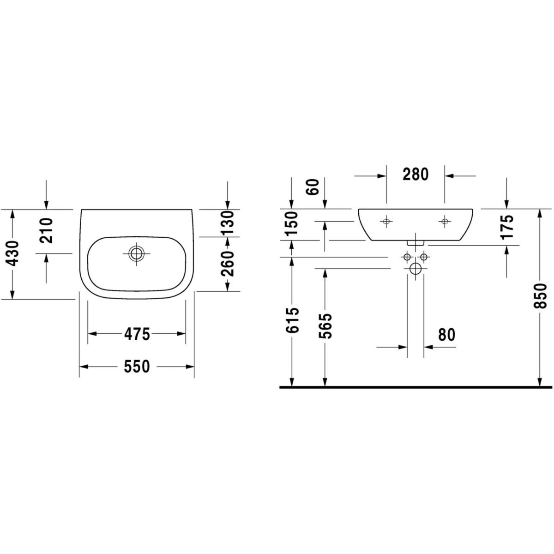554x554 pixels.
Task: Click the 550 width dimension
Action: tap(137, 366)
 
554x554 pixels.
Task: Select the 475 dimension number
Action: tap(137, 334)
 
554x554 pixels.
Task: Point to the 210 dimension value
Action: tap(46, 230)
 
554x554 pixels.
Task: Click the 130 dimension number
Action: tap(228, 223)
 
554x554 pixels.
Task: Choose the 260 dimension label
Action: tap(228, 264)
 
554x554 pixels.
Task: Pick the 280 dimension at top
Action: tap(415, 174)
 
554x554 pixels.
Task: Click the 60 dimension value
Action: tap(313, 187)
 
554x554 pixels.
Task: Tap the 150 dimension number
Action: tap(292, 223)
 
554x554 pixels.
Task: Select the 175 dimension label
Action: tap(506, 227)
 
